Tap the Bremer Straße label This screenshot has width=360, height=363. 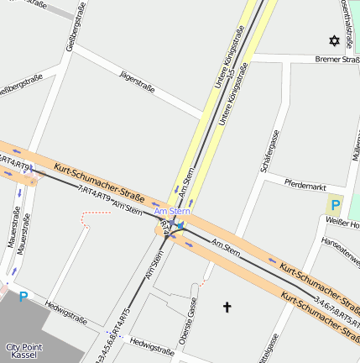click(x=337, y=60)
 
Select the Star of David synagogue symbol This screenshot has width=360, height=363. click(x=334, y=40)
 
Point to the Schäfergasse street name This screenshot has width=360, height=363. click(x=269, y=151)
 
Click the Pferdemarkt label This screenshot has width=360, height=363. click(x=305, y=182)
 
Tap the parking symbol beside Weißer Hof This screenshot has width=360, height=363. click(x=336, y=204)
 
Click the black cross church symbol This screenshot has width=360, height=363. click(x=227, y=308)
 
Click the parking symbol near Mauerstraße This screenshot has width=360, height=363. click(x=23, y=296)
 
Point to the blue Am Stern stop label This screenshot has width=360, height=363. click(x=173, y=211)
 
